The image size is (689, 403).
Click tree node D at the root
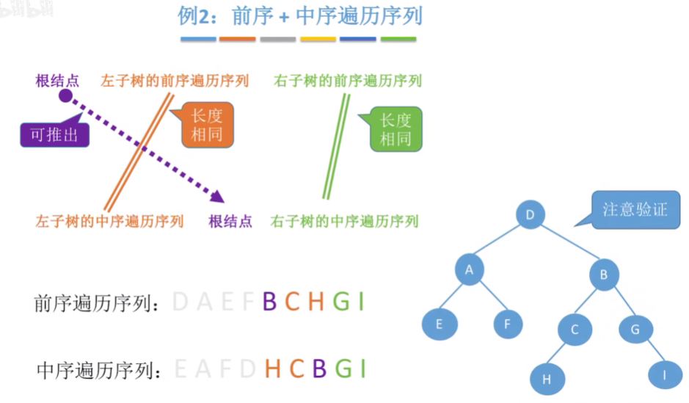point(530,215)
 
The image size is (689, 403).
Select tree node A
point(470,269)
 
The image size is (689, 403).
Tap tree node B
point(604,275)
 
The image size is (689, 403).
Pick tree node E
point(440,323)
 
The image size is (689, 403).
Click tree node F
point(507,323)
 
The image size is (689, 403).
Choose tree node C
point(574,330)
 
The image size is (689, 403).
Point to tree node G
point(635,330)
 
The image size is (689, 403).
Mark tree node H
point(546,379)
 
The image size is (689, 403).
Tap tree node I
point(664,375)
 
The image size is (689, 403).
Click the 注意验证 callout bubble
point(635,209)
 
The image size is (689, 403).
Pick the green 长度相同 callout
point(395,128)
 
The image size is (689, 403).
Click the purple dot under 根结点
point(65,96)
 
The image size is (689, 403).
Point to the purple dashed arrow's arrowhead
point(216,196)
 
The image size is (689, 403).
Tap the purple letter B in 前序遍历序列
point(269,302)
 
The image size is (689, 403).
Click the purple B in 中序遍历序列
point(318,368)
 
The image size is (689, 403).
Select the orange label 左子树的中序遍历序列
point(109,221)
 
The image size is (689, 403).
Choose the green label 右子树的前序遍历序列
point(348,80)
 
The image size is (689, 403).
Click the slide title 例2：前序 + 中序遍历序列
point(300,16)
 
